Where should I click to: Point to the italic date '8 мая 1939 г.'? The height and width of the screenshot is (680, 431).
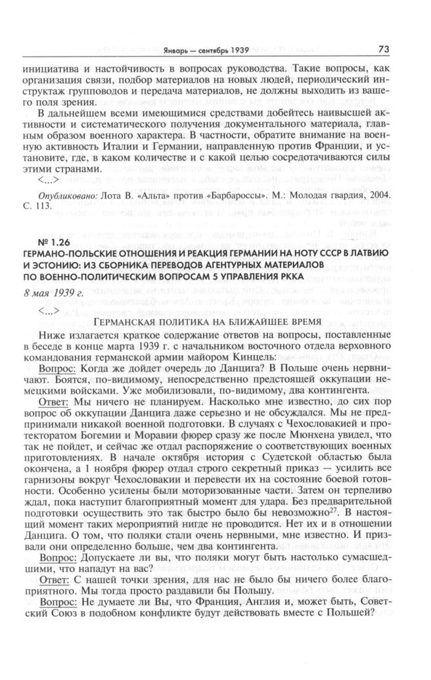[64, 291]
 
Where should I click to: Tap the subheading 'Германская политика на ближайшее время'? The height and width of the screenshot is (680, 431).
[208, 323]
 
